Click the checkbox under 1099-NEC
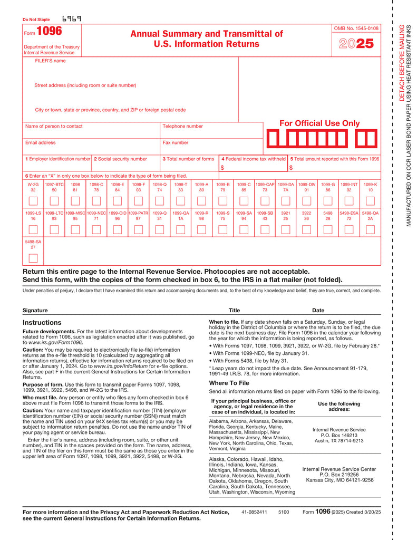point(96,229)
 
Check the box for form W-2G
point(33,201)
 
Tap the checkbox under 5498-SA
point(33,258)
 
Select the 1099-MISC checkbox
point(75,229)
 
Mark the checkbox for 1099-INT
point(348,201)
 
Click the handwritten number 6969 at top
point(71,19)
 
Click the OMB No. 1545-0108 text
point(356,27)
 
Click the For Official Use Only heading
point(319,123)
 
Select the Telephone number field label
point(182,127)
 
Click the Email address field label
point(40,143)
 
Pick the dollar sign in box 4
point(222,168)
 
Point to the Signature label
point(35,311)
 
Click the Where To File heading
point(229,382)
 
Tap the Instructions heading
point(42,322)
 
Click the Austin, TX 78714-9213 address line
point(339,441)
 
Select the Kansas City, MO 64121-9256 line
point(339,480)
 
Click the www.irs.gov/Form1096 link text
point(52,342)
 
